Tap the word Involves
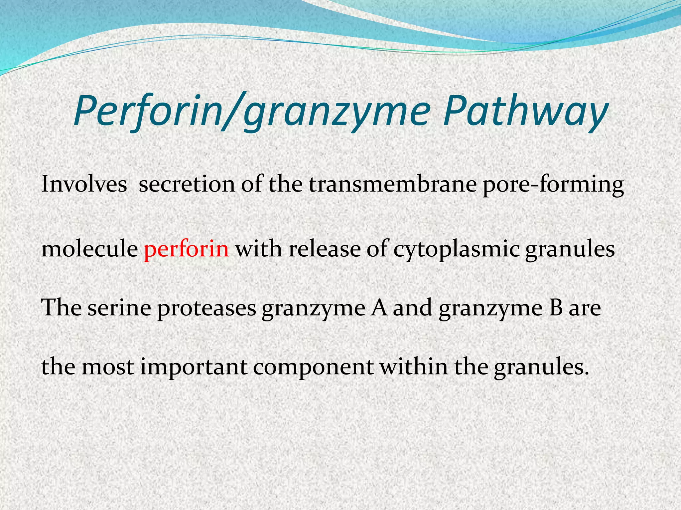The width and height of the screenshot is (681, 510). click(x=84, y=184)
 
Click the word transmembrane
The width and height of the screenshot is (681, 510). click(x=393, y=184)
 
